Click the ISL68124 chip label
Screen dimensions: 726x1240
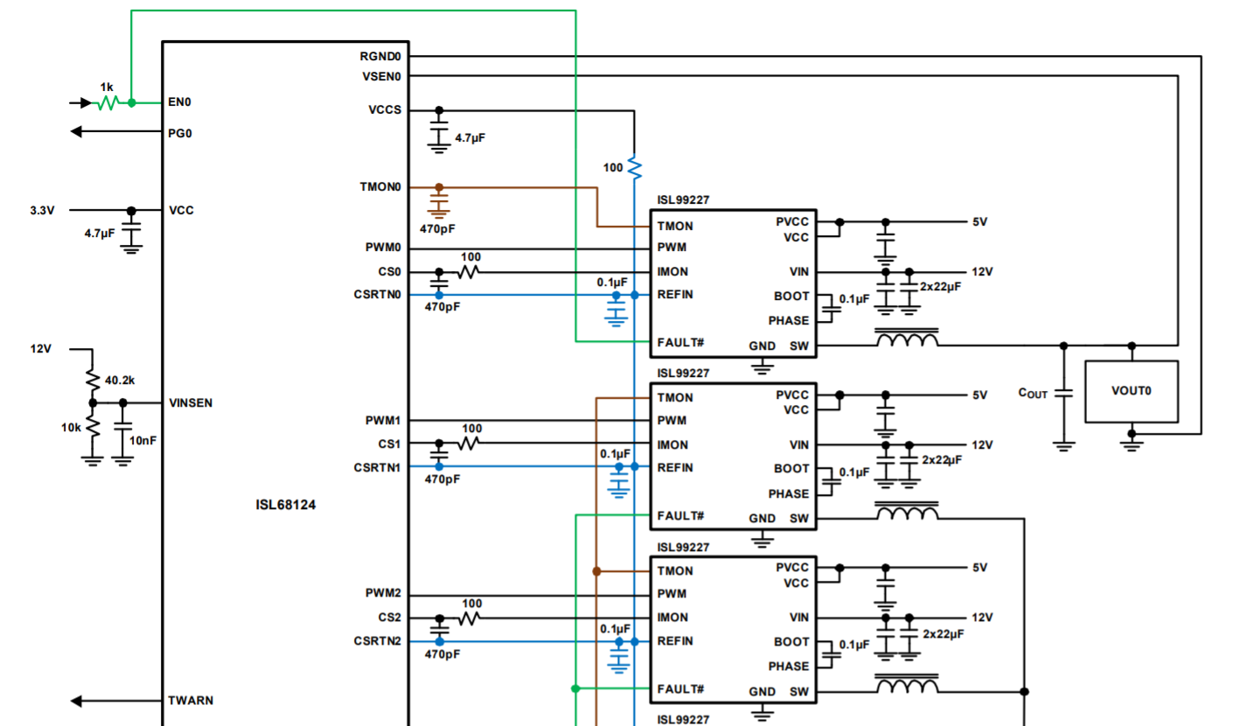[x=285, y=505]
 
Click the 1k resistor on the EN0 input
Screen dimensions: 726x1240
[x=107, y=102]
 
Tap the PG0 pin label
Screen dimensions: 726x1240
[x=179, y=134]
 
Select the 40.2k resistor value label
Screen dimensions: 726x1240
[x=119, y=381]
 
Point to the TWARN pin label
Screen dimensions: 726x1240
[x=190, y=701]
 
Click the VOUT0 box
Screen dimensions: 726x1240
[x=1131, y=391]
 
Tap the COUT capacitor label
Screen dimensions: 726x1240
[x=1032, y=394]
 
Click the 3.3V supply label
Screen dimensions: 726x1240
[x=42, y=211]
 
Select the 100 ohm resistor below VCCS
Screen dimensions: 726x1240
[x=634, y=166]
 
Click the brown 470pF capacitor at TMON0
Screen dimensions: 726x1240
[x=439, y=206]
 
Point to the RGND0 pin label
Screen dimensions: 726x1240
[x=380, y=56]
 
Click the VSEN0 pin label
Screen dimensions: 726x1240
[x=380, y=76]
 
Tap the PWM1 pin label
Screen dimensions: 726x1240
[x=383, y=421]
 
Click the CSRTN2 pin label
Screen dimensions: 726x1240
[x=377, y=641]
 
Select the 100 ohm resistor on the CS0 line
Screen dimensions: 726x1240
[x=470, y=272]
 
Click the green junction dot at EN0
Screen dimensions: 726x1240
[x=131, y=102]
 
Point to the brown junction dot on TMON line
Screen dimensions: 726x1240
[x=596, y=571]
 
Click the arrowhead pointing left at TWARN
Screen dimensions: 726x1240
[x=77, y=701]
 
